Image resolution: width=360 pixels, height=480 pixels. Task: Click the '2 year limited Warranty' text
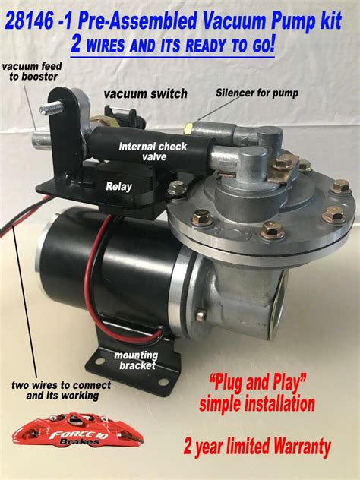pos(258,448)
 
